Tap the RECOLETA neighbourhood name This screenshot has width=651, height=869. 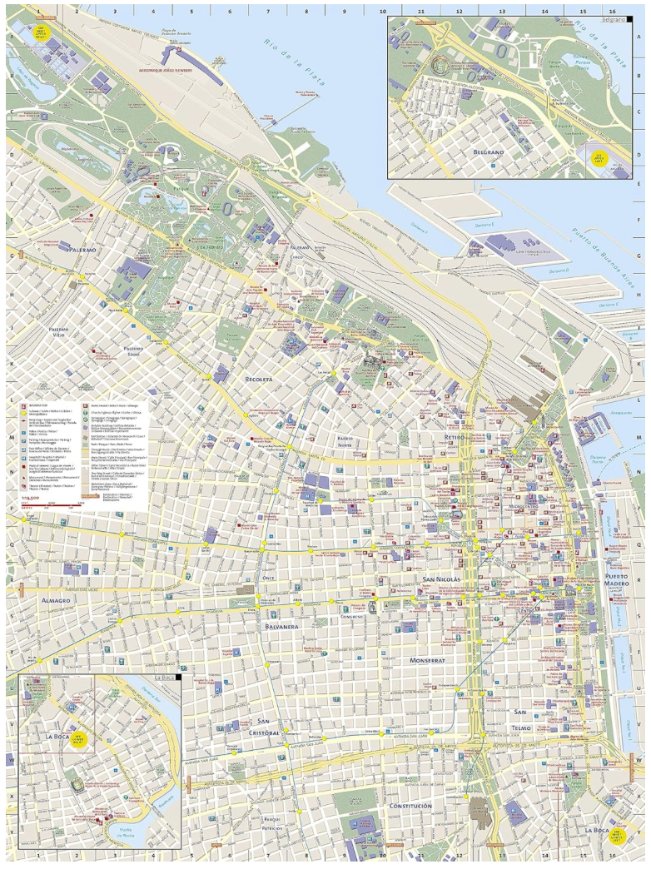click(260, 379)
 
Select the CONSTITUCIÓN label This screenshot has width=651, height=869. click(410, 807)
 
